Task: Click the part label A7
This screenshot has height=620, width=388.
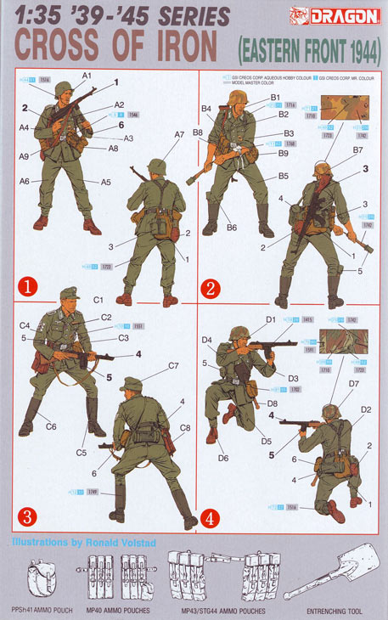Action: (179, 135)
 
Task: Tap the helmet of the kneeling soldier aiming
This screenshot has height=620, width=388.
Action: (239, 333)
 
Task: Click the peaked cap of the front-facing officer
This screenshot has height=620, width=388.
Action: (69, 295)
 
